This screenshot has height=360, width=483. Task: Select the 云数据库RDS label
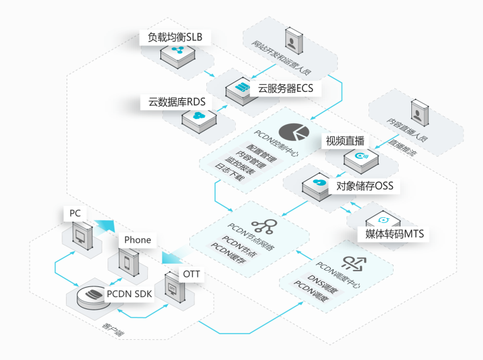177,102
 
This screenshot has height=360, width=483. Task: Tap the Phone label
138,240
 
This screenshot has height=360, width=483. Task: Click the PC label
75,213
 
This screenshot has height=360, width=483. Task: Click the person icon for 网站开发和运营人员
293,42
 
